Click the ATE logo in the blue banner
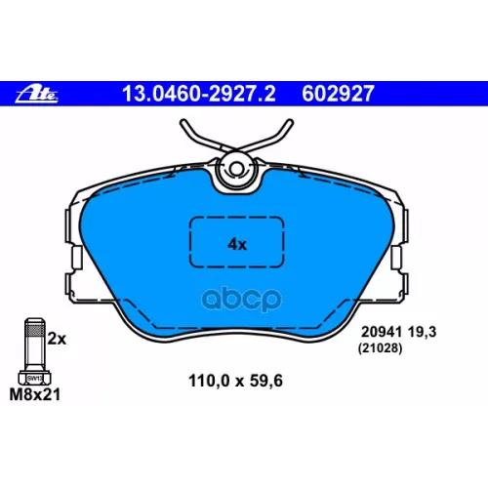point(37,95)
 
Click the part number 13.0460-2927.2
point(199,94)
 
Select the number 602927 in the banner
point(338,94)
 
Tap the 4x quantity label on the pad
point(237,244)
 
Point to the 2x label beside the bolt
point(57,339)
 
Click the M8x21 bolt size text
point(35,394)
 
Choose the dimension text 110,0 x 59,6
point(235,381)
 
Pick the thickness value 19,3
point(422,332)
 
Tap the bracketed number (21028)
point(380,348)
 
